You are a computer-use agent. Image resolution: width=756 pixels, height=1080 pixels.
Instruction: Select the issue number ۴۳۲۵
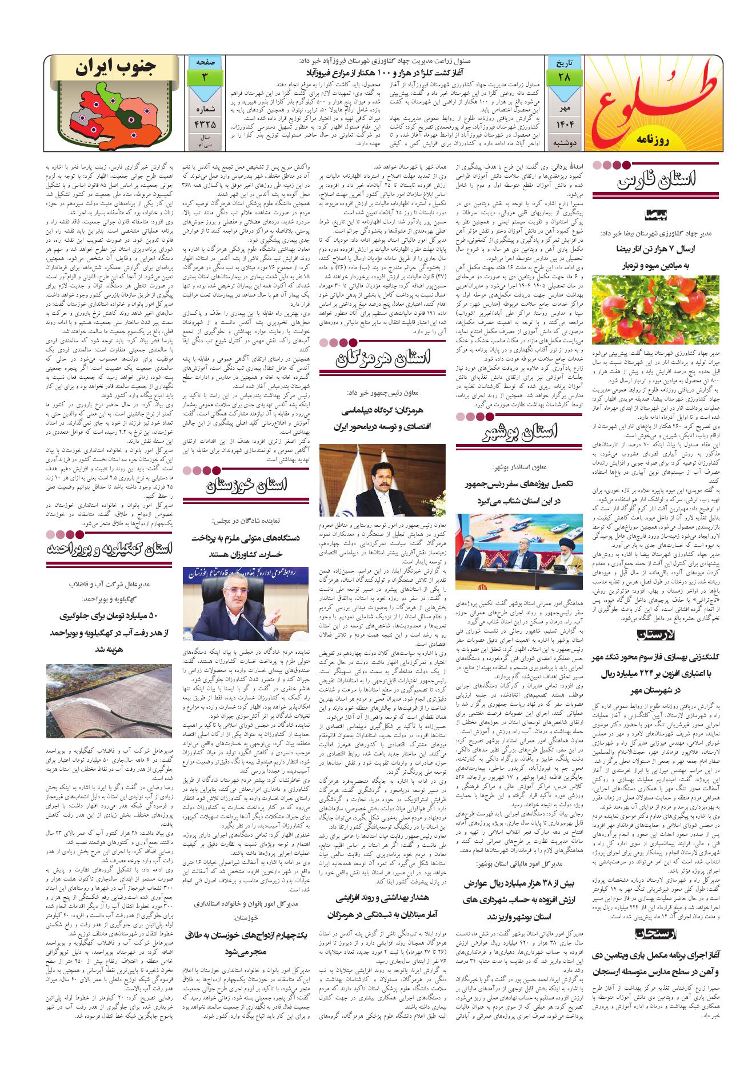204,122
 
